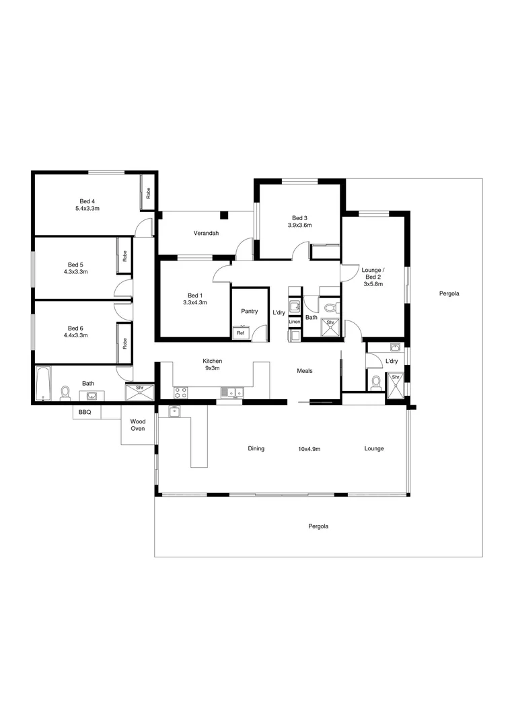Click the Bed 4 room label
[x=87, y=201]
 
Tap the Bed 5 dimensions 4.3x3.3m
[x=76, y=272]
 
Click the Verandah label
[x=206, y=233]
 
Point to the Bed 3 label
[x=299, y=217]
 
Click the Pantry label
[x=250, y=311]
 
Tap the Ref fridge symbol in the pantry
[x=240, y=333]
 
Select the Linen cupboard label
[x=294, y=322]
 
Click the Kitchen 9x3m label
[x=213, y=365]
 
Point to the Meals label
[x=305, y=371]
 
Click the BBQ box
[x=85, y=411]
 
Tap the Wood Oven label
[x=138, y=425]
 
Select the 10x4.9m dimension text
[x=309, y=448]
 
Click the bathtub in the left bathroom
[x=43, y=384]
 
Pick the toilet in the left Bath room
[x=66, y=392]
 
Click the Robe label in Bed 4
[x=148, y=192]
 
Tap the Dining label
[x=256, y=448]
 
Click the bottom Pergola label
[x=318, y=526]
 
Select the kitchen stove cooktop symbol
[x=180, y=392]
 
